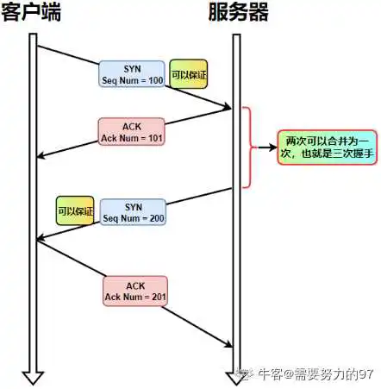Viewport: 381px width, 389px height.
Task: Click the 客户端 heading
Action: (31, 12)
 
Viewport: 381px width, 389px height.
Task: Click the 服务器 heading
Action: (238, 12)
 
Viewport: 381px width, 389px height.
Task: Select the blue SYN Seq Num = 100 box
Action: (132, 74)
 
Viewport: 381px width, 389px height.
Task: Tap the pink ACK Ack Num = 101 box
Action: (132, 131)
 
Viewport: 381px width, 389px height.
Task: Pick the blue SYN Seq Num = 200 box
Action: (133, 212)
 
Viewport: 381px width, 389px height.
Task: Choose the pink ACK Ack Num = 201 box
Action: (135, 291)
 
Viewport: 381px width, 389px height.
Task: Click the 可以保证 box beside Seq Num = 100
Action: (188, 74)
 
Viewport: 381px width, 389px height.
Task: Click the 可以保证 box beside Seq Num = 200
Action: (75, 210)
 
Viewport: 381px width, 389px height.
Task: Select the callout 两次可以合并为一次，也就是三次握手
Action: (327, 147)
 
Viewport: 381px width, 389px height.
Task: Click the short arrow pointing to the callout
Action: (267, 147)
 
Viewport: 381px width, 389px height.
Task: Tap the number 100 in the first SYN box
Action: (156, 80)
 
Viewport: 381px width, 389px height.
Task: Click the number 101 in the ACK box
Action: (155, 138)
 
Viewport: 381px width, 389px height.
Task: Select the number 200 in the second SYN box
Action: (157, 218)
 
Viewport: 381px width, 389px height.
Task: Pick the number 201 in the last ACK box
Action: (159, 297)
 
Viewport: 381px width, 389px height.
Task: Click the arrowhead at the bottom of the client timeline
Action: (33, 378)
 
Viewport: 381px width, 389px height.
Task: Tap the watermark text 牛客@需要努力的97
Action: (315, 374)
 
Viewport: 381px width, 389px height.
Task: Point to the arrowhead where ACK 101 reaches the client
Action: (41, 156)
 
